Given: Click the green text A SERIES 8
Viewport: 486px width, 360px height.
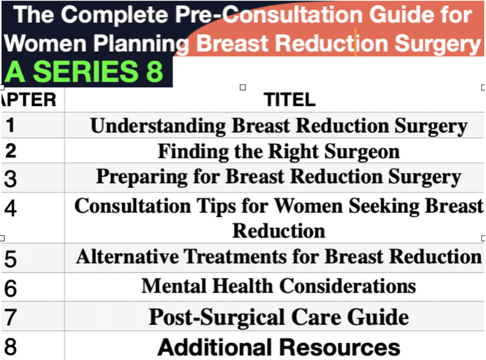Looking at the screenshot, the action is [x=84, y=72].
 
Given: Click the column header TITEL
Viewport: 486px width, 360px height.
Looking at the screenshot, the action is [x=290, y=100].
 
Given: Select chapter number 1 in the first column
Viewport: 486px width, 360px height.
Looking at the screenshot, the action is [x=10, y=125].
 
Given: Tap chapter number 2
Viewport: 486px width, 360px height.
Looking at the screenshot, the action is [x=11, y=151].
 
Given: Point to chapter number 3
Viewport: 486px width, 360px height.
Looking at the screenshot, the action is [x=10, y=179].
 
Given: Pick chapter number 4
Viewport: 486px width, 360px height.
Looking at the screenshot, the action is [x=10, y=208].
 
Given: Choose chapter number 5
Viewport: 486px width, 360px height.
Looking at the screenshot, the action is [x=10, y=259].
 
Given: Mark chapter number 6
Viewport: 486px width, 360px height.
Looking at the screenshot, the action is [x=10, y=288].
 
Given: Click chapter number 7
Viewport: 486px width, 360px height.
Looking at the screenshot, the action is [x=10, y=317].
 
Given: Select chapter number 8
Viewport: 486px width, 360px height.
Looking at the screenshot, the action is [x=10, y=347].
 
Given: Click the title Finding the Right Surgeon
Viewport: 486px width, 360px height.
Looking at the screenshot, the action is [x=279, y=151].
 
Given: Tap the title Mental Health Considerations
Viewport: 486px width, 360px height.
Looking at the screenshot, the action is [x=279, y=285].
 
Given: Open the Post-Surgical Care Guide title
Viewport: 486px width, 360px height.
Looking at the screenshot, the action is [x=279, y=317].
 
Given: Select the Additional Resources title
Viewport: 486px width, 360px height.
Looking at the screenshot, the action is [x=279, y=347].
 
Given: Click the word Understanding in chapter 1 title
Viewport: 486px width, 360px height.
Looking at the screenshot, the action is [x=158, y=126].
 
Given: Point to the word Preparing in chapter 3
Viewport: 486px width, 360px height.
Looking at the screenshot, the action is [x=142, y=177].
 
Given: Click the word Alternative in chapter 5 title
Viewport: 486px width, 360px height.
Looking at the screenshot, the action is [x=128, y=256].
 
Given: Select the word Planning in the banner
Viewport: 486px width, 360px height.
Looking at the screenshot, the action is [x=141, y=43].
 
